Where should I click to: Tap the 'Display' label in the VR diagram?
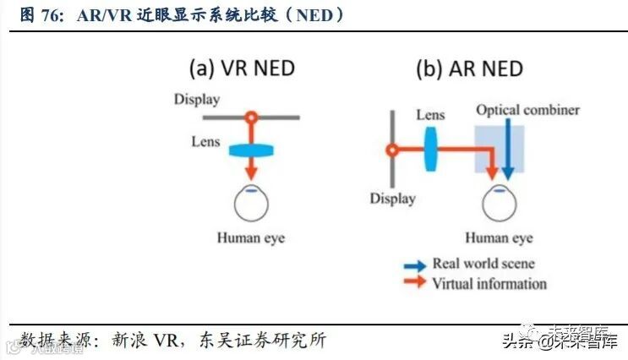click(197, 100)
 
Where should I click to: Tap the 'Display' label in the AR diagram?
click(392, 199)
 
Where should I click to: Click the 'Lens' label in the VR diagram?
click(205, 140)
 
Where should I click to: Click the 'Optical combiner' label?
click(527, 110)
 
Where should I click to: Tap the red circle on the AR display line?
click(391, 152)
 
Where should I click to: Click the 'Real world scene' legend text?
click(483, 265)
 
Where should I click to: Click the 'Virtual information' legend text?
click(489, 284)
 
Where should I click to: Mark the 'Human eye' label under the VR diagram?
click(251, 237)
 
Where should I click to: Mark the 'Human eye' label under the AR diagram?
click(500, 237)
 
